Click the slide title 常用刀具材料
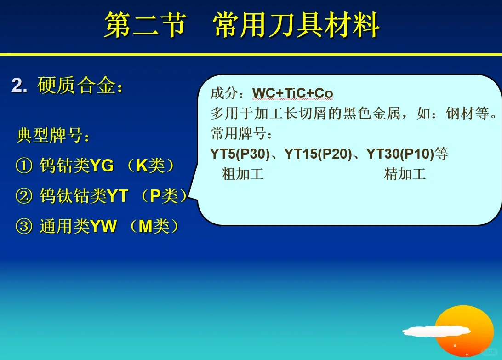tap(297, 25)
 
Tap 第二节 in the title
tap(145, 25)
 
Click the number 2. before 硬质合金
tap(19, 86)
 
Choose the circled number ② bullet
tap(24, 197)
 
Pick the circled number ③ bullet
tap(24, 227)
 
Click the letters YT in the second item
tap(117, 197)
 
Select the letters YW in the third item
tap(103, 227)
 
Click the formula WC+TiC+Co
tap(292, 94)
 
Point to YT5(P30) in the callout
tap(240, 154)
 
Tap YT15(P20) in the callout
tap(318, 154)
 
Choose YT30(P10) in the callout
tap(400, 154)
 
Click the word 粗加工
tap(242, 174)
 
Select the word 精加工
tap(405, 174)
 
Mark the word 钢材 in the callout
tap(460, 114)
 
